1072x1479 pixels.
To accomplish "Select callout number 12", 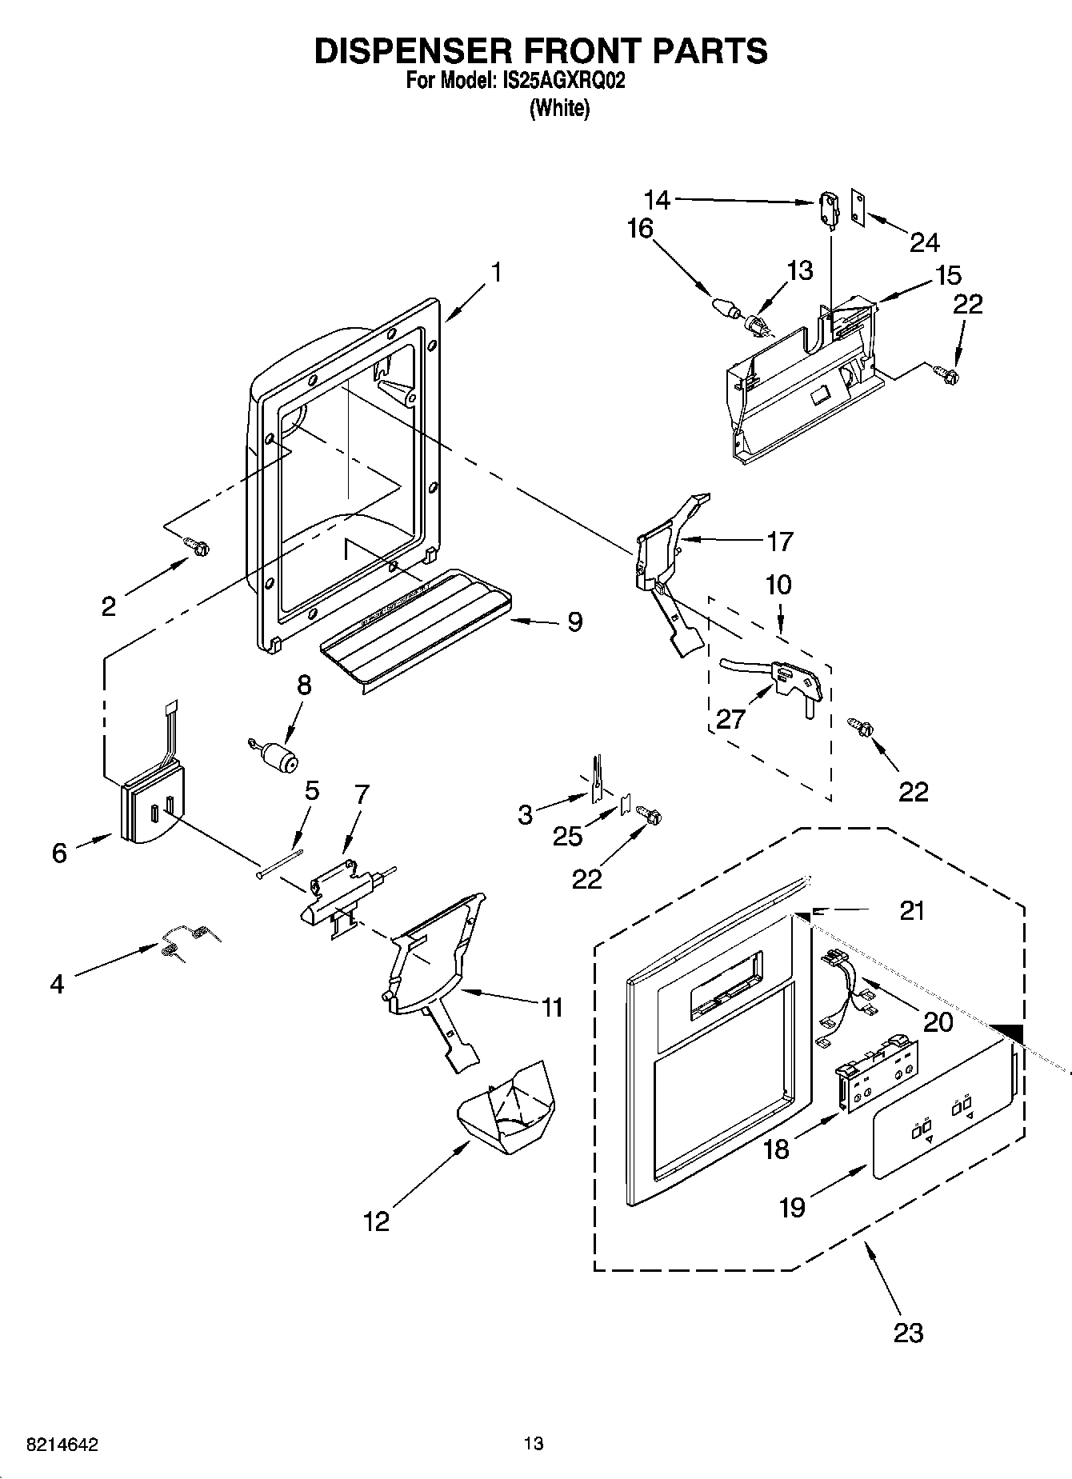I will (376, 1221).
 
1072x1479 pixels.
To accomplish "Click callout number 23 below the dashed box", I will (909, 1332).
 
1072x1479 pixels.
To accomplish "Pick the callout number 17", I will (779, 542).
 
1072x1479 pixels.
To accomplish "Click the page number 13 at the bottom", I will (534, 1444).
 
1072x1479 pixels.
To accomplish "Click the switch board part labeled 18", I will (876, 1074).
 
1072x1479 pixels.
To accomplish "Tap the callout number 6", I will (59, 853).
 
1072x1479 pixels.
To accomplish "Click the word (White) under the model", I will (559, 109).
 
